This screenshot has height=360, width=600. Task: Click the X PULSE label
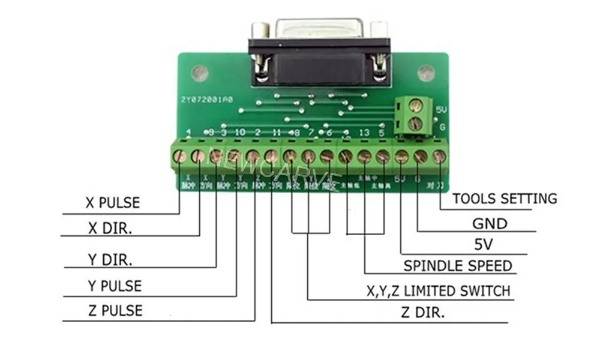[112, 203]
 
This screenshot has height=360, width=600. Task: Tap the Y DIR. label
[110, 260]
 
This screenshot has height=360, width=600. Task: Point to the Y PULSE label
[115, 286]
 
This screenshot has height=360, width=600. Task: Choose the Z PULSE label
[115, 311]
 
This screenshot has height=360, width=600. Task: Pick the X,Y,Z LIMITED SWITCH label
[439, 291]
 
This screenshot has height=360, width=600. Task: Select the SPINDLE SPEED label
[458, 266]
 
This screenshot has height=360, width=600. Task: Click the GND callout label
[490, 224]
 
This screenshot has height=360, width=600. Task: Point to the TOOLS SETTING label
[505, 198]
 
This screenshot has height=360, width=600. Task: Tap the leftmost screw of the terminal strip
[179, 157]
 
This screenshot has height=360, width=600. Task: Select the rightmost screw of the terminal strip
[439, 157]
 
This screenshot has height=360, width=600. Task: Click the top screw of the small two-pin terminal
[413, 107]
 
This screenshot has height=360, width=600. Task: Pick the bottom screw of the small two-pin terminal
[413, 124]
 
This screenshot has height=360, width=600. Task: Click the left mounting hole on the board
[200, 74]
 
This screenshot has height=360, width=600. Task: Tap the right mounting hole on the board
[426, 74]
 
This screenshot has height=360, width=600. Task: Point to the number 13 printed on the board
[364, 132]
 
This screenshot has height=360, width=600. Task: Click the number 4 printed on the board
[189, 132]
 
